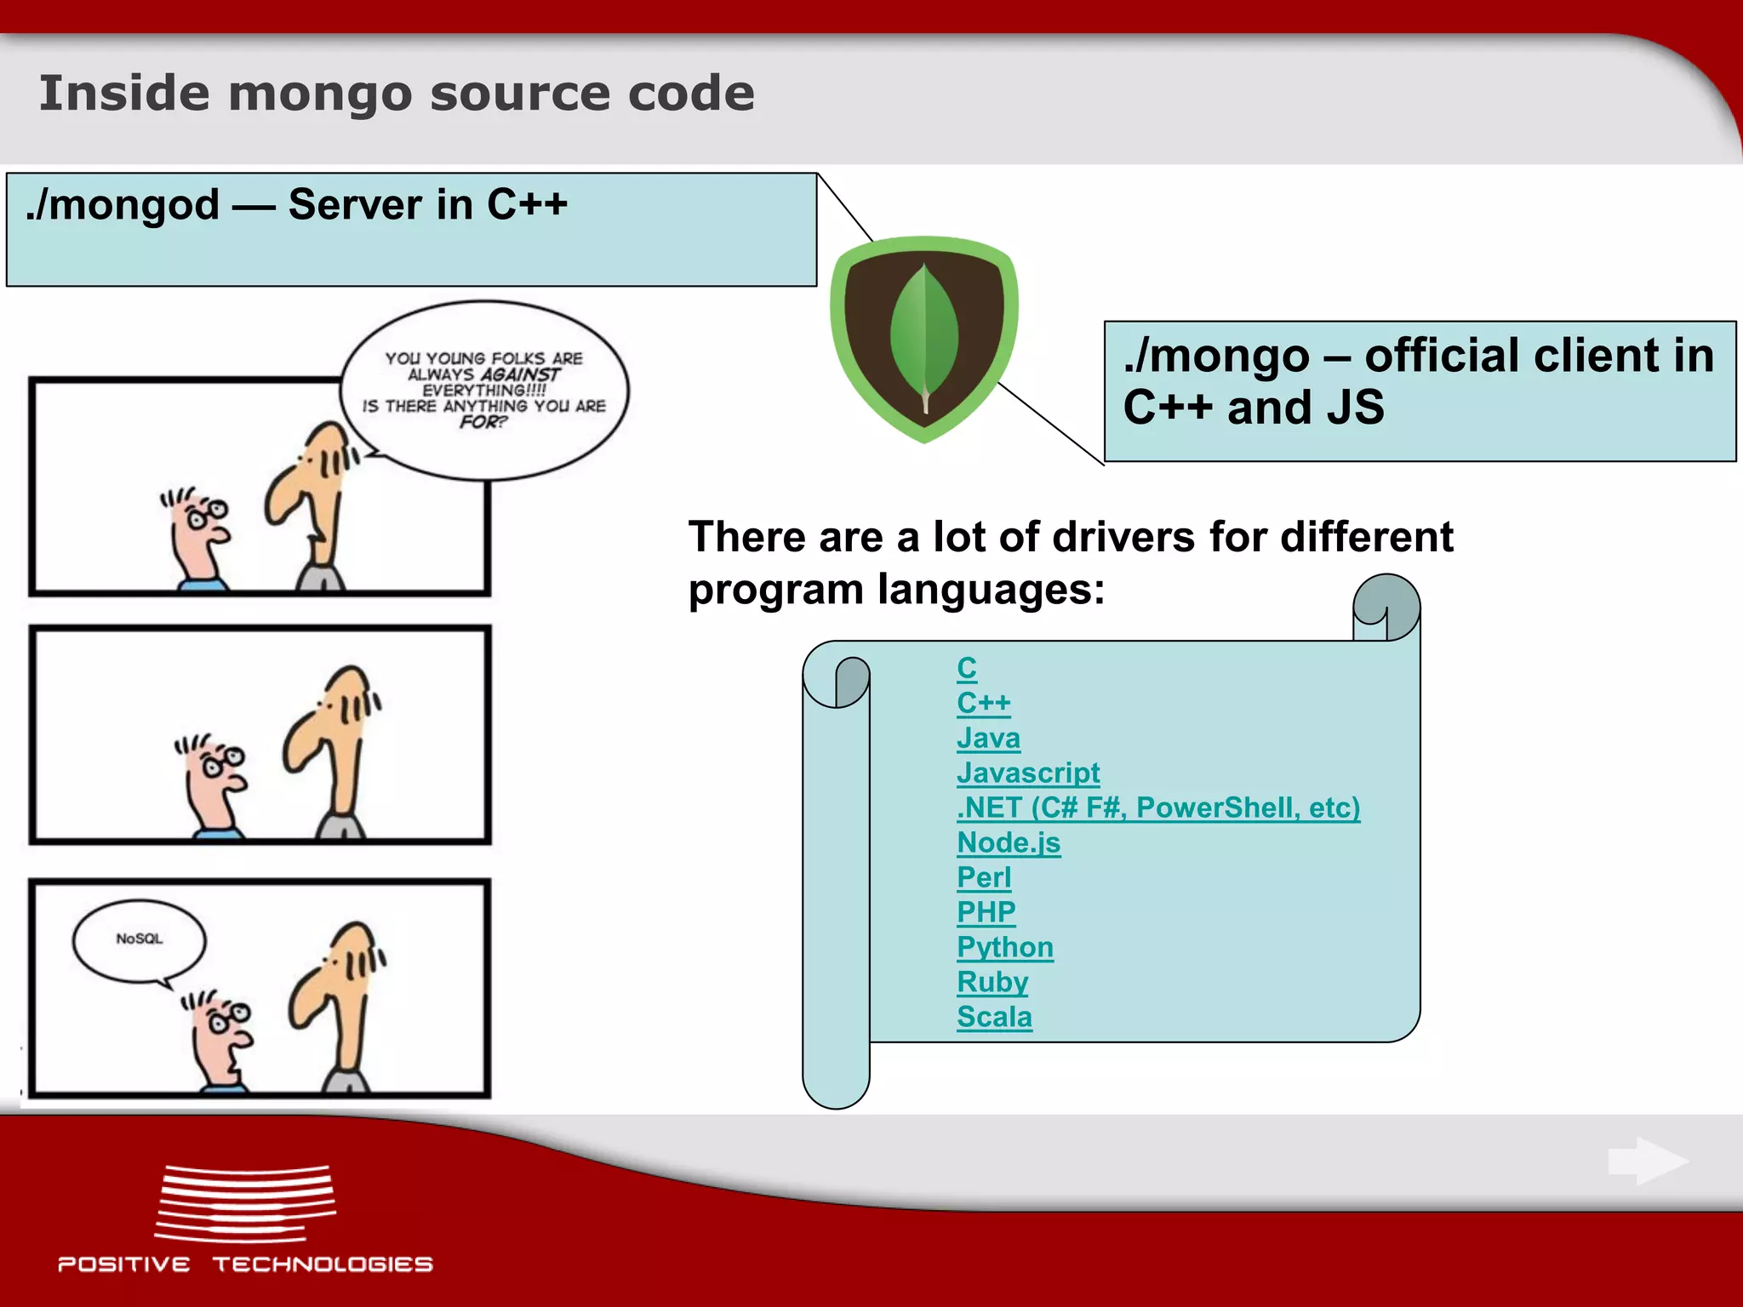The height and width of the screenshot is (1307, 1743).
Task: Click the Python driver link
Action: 1004,947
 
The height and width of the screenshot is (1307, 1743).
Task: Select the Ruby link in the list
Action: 992,982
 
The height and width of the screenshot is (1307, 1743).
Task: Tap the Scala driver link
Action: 993,1017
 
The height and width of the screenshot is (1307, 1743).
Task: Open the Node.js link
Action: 1008,842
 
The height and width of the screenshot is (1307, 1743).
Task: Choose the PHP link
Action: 986,912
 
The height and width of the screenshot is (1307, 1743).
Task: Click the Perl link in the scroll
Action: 983,877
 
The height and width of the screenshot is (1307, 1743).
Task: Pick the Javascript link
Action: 1027,773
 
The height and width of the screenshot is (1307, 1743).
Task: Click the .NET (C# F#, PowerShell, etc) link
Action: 1157,808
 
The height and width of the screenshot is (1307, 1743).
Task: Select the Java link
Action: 987,738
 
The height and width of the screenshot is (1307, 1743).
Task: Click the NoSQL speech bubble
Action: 139,939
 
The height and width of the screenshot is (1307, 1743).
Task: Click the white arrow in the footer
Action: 1647,1161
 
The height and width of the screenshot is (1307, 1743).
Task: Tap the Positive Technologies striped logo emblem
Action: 245,1202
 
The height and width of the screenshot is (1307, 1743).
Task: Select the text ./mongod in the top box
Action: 123,206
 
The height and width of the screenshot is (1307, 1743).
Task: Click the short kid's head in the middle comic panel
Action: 213,774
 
